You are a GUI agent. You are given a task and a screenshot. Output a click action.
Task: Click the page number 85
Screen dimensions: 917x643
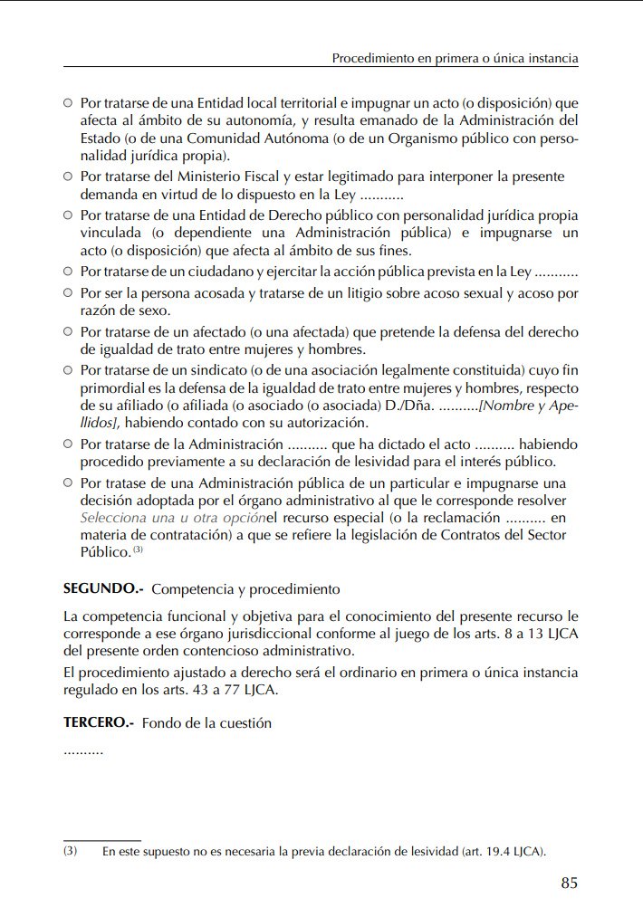pos(569,884)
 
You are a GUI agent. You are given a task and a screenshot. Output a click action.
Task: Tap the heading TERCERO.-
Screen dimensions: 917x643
pos(99,723)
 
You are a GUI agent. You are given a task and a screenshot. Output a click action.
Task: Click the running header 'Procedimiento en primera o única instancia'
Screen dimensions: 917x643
pos(455,59)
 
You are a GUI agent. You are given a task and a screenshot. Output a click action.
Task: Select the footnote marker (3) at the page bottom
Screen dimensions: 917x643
pos(70,852)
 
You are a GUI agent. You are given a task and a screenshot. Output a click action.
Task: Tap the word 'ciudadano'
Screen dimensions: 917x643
pos(222,272)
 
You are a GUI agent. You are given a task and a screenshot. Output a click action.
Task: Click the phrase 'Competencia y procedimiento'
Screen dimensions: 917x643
pos(245,589)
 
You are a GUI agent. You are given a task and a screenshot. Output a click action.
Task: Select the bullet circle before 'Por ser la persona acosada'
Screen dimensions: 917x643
pos(68,293)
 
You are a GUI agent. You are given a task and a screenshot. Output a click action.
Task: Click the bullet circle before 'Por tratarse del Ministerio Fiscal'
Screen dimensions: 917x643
pos(68,177)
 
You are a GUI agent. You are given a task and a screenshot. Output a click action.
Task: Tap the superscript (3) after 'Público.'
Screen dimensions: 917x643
pos(138,549)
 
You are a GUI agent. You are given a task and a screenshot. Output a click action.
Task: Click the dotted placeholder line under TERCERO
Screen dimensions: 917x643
pos(82,750)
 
